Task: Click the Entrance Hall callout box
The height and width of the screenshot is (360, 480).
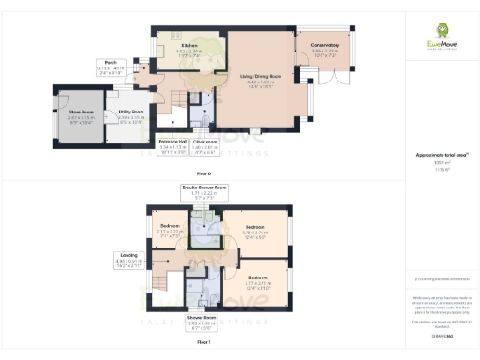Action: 174,147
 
